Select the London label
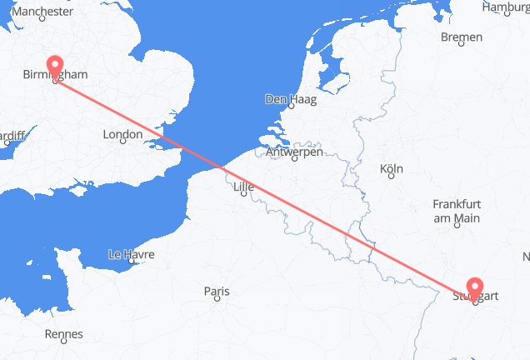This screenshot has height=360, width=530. tap(122, 134)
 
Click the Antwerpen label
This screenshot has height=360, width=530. tap(294, 152)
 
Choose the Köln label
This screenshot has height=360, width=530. tap(392, 169)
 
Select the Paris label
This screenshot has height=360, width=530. tap(217, 291)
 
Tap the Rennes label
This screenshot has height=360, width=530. tap(65, 334)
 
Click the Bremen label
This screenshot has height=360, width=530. tap(462, 37)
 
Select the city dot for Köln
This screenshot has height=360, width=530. tap(392, 178)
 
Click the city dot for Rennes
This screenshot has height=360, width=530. tap(65, 343)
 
